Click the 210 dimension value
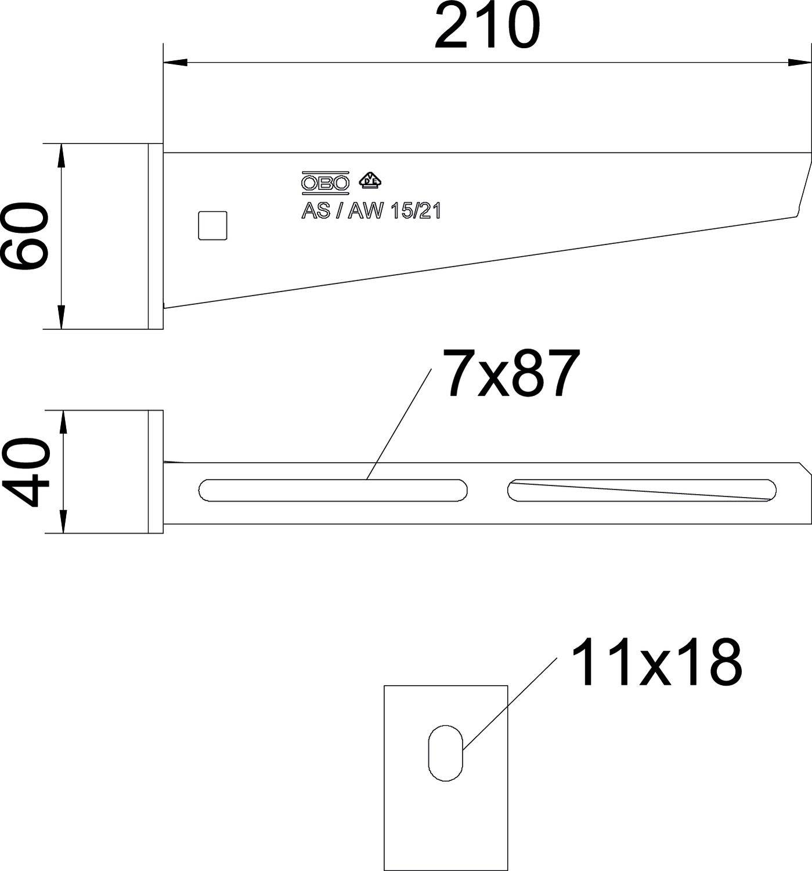coord(487,26)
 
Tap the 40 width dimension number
coord(26,472)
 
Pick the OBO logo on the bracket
coord(325,183)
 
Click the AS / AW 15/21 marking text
coord(371,211)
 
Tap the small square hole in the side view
coord(212,225)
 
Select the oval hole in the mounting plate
coord(445,753)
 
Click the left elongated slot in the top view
coord(333,490)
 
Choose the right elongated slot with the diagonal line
coord(641,490)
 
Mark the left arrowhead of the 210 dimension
coord(174,62)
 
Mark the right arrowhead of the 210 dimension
coord(800,62)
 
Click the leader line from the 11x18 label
coord(510,703)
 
